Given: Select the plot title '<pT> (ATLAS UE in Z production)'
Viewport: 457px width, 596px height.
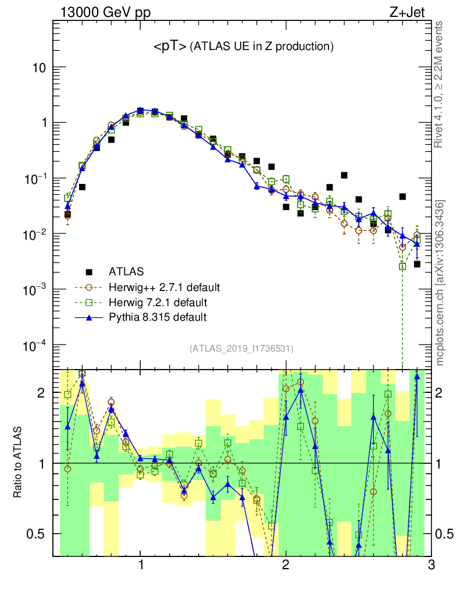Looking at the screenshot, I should [243, 47].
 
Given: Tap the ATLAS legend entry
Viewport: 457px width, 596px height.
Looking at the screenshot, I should [126, 271].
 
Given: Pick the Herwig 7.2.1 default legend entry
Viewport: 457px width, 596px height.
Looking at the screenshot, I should [158, 303].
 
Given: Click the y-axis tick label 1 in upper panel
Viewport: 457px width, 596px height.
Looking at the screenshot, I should [44, 123].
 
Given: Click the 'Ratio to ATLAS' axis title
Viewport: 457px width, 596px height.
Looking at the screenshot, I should [19, 463].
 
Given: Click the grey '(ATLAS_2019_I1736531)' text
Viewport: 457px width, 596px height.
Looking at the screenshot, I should [241, 349].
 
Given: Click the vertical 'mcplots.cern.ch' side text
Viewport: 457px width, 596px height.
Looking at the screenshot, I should [440, 283].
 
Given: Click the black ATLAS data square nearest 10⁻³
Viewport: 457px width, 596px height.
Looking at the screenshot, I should [417, 264].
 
